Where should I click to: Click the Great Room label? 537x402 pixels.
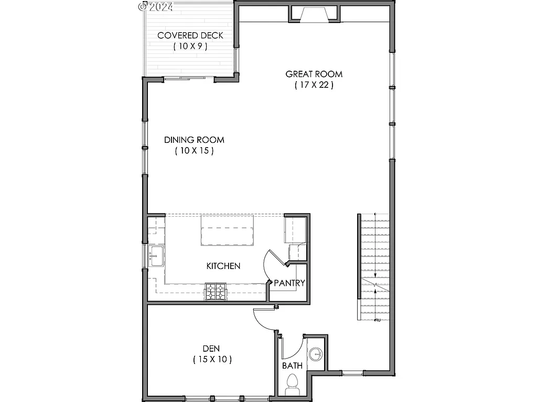coord(314,74)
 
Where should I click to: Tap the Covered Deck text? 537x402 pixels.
coord(190,36)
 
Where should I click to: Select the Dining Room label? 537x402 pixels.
coord(194,140)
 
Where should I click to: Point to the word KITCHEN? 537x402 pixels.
coord(223,266)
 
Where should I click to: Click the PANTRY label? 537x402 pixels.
coord(289,283)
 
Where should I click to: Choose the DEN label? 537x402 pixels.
coord(211,348)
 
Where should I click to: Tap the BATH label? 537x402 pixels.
coord(292,365)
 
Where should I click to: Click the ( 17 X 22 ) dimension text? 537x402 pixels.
coord(314,85)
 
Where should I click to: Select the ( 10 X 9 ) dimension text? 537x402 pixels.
coord(190,47)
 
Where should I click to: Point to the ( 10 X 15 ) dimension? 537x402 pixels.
coord(194,151)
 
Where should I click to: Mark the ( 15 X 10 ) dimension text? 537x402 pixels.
coord(212,360)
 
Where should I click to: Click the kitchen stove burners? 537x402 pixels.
coord(216,292)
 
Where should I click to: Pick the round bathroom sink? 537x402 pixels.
coord(316,354)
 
